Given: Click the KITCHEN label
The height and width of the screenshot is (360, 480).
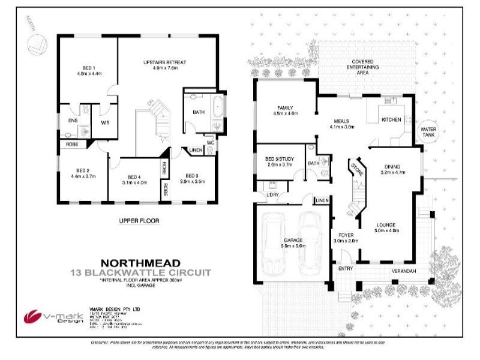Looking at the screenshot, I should (391, 120).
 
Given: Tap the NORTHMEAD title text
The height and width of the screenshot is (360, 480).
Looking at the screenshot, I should (138, 262).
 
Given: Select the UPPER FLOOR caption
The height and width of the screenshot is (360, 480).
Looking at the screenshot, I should (139, 221).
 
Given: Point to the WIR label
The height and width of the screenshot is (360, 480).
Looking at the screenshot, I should (105, 122).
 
